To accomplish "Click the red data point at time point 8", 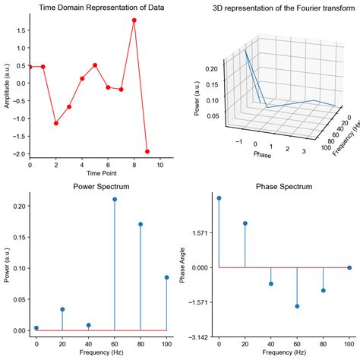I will [x=134, y=21].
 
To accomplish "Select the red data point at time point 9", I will [x=147, y=151].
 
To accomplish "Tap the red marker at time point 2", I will [x=56, y=123].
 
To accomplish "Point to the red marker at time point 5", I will [x=95, y=65].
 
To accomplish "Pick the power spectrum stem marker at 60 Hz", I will [x=115, y=199].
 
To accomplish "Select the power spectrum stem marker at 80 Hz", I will [x=141, y=224].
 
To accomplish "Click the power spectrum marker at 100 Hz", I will [x=167, y=277].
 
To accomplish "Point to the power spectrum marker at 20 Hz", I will [x=62, y=309].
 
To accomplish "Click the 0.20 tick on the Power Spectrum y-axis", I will [x=17, y=206].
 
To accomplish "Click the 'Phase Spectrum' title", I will [x=284, y=186].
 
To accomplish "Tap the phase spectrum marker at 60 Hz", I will [x=297, y=306].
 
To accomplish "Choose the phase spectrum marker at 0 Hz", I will [x=219, y=198].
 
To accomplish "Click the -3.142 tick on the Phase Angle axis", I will [x=201, y=336].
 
